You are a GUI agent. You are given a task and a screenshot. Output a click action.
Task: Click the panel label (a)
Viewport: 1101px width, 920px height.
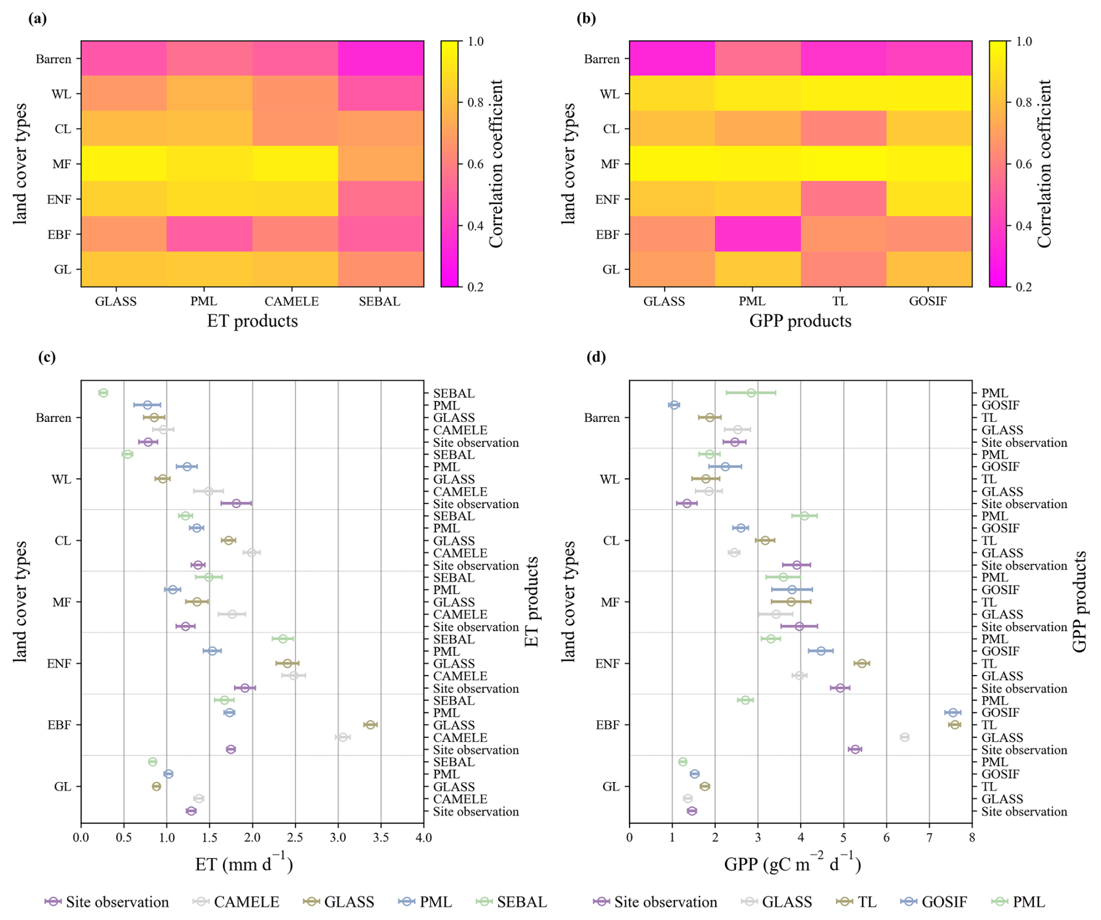(x=37, y=19)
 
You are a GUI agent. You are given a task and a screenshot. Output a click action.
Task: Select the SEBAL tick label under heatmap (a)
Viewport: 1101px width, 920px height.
(x=379, y=301)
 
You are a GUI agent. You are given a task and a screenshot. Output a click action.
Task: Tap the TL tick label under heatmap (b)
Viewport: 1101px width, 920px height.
(x=840, y=301)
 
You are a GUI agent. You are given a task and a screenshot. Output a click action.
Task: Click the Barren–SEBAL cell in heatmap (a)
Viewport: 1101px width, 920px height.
(x=381, y=58)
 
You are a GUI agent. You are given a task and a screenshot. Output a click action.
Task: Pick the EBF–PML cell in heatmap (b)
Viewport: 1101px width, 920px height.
(x=758, y=234)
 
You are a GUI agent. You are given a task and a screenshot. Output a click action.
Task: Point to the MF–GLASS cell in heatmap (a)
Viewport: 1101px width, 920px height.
(x=124, y=164)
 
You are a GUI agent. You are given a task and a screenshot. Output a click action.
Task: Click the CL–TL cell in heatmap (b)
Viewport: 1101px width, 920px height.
(x=843, y=129)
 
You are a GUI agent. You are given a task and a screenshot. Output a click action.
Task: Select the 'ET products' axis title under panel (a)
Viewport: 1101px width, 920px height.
(x=252, y=321)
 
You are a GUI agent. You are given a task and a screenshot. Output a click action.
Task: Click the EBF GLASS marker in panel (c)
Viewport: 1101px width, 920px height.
(x=370, y=724)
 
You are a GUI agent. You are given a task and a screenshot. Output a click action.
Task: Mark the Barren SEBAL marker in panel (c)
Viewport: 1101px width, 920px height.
(x=103, y=393)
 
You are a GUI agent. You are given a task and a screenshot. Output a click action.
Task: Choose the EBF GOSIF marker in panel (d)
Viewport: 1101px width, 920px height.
(x=952, y=712)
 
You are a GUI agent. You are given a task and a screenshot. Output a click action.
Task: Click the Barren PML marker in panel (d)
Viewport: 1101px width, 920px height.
(x=751, y=393)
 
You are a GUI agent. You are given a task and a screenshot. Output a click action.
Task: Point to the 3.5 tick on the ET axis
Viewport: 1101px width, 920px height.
(x=381, y=838)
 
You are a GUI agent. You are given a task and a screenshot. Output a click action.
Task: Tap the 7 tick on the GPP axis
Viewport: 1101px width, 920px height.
(x=929, y=838)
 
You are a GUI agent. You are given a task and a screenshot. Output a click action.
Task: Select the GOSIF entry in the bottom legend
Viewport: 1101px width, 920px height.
(x=944, y=902)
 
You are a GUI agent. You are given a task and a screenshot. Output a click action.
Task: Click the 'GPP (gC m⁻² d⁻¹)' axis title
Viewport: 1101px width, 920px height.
(x=792, y=864)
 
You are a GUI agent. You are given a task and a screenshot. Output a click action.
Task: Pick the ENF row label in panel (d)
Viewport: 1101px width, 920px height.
(x=607, y=663)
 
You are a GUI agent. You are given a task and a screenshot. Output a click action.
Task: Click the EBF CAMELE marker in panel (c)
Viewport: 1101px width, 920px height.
(x=343, y=737)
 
